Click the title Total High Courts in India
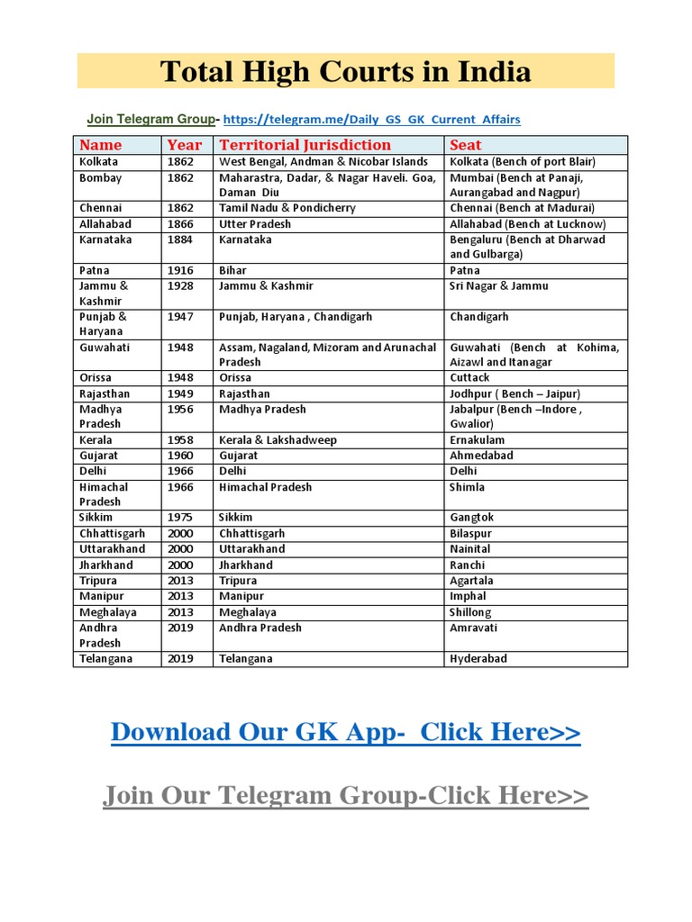click(x=345, y=71)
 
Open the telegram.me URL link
click(x=371, y=120)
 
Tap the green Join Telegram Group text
click(x=150, y=119)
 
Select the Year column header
click(x=184, y=145)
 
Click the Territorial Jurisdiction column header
click(x=305, y=145)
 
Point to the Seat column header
click(x=466, y=145)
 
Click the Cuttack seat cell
click(x=469, y=378)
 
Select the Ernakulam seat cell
click(x=478, y=440)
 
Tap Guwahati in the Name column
click(x=105, y=348)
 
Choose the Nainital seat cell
click(x=470, y=549)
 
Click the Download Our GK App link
click(x=345, y=733)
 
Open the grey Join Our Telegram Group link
click(x=345, y=796)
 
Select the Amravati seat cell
click(x=473, y=628)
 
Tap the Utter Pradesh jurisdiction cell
click(x=255, y=224)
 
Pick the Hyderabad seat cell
click(x=478, y=659)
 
